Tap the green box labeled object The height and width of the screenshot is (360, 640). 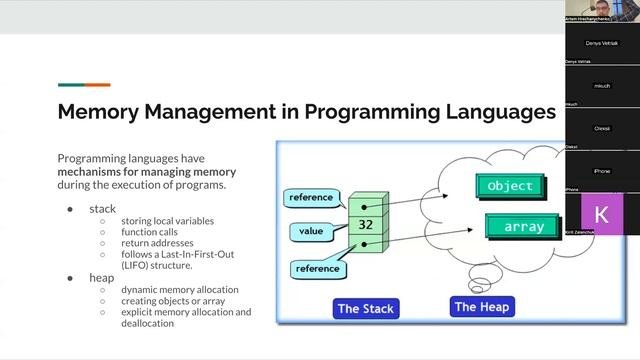click(x=510, y=186)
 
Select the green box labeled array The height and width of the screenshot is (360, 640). click(x=523, y=227)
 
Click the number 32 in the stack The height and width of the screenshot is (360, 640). click(x=365, y=225)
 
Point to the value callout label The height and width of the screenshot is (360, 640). click(x=311, y=230)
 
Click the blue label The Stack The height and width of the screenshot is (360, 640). click(x=367, y=308)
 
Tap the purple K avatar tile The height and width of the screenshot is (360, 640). click(x=601, y=215)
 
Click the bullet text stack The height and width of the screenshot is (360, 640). click(x=103, y=209)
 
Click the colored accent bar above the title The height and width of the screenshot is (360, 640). click(x=84, y=85)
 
